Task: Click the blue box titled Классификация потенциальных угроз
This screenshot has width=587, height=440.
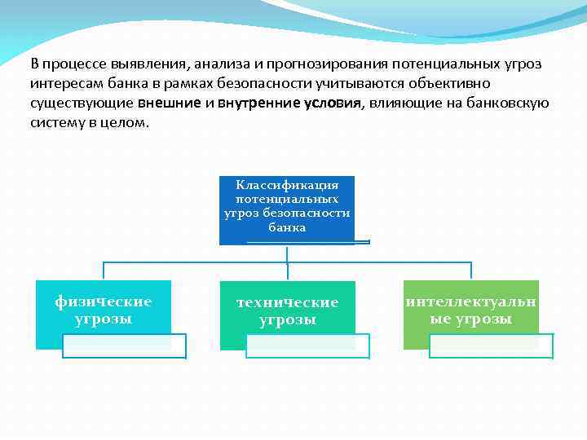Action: (287, 209)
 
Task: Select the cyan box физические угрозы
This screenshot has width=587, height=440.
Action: (104, 314)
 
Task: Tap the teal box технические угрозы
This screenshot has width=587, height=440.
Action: (287, 314)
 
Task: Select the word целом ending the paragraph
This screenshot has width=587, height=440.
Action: (127, 123)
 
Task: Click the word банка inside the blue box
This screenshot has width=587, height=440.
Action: (287, 227)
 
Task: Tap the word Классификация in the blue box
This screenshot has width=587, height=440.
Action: (287, 185)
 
